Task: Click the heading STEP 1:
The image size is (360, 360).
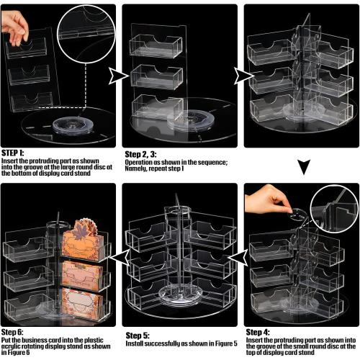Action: pos(14,153)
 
